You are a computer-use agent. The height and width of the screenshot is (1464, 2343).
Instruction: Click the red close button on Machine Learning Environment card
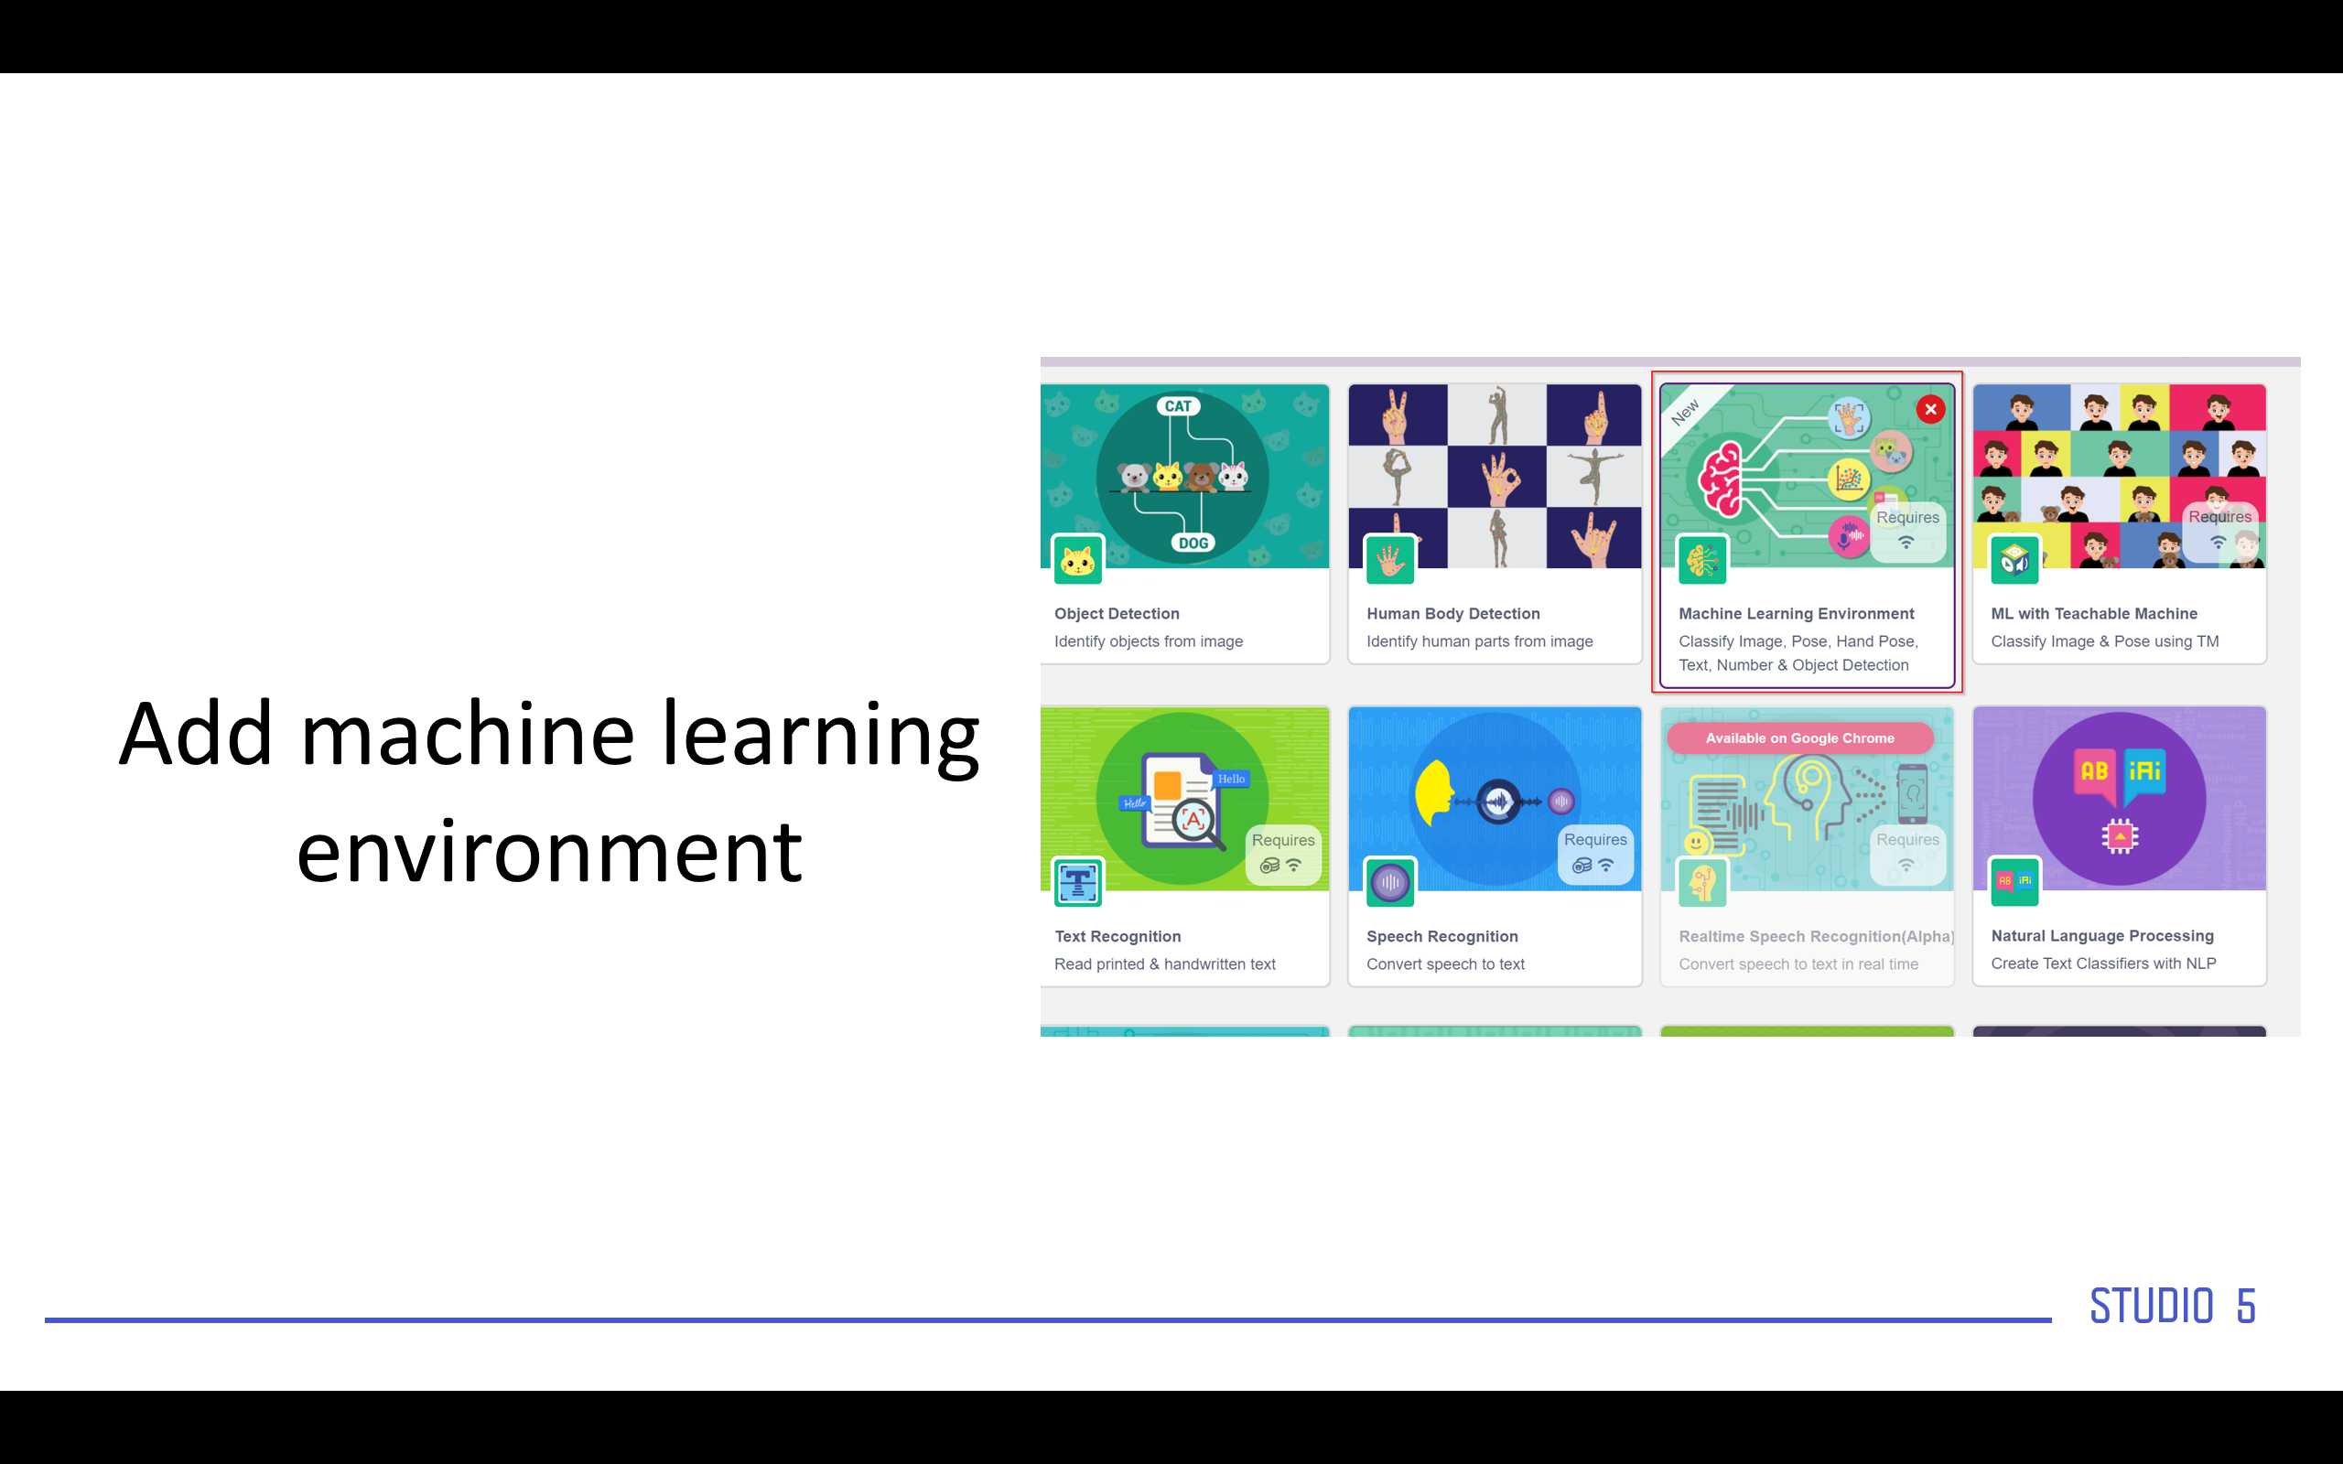click(1930, 410)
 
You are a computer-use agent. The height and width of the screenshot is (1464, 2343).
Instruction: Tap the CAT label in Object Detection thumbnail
click(1178, 405)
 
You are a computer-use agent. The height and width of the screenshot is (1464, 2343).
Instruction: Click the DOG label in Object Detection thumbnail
click(1193, 544)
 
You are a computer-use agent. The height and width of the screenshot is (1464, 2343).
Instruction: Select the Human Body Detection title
click(1453, 614)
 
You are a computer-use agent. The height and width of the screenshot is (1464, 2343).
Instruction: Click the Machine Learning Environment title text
click(1796, 614)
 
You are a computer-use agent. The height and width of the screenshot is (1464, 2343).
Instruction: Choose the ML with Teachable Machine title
click(2094, 614)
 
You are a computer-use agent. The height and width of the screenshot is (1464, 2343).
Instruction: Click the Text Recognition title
click(1118, 936)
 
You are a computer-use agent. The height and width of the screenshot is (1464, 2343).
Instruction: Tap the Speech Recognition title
click(1442, 936)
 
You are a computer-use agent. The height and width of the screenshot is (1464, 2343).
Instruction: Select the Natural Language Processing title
click(2103, 935)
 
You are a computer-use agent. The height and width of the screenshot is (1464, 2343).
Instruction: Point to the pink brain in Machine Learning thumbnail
click(1722, 479)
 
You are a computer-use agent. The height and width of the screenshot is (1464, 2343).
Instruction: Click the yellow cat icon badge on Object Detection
click(1077, 560)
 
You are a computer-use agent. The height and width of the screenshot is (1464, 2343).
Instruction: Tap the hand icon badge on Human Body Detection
click(1390, 560)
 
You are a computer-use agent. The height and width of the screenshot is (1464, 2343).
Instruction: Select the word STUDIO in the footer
click(2152, 1307)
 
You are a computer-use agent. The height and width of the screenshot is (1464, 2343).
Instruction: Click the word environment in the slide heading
click(549, 853)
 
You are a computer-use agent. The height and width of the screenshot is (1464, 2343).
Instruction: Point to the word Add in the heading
click(196, 734)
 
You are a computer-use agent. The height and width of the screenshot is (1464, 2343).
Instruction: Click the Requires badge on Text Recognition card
click(1283, 853)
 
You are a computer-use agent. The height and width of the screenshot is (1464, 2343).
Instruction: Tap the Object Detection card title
click(1118, 614)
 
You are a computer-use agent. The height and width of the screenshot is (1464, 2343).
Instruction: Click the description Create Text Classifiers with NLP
click(2103, 963)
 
